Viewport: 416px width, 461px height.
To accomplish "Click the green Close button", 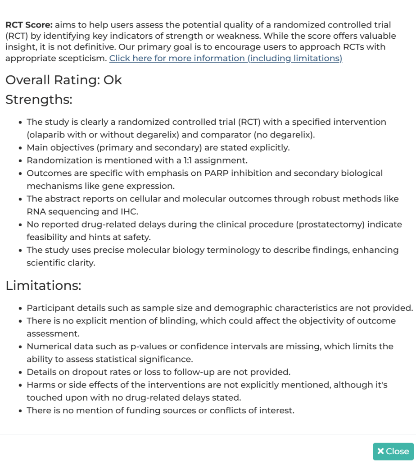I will [x=393, y=451].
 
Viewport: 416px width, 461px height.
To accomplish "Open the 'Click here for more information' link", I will [x=226, y=58].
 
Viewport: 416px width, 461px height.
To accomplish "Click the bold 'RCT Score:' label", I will [x=29, y=25].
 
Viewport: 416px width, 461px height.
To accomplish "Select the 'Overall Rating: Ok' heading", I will [x=63, y=80].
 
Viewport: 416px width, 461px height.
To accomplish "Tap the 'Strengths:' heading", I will [x=39, y=99].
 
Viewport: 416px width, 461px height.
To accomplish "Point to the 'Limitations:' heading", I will [x=43, y=285].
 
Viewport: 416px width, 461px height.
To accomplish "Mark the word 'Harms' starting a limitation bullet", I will [x=39, y=385].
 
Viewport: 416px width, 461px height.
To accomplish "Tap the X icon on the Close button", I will [x=380, y=451].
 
